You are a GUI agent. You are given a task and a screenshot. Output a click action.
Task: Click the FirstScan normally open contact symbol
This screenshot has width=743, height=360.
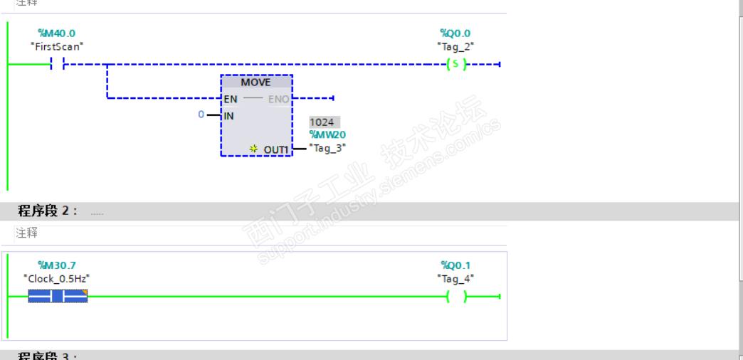57,65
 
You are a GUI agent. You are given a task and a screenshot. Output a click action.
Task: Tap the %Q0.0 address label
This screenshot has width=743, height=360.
455,33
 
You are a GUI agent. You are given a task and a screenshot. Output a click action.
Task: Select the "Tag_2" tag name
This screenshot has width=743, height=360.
455,46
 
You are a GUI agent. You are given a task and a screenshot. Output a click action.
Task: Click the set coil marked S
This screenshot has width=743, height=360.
455,65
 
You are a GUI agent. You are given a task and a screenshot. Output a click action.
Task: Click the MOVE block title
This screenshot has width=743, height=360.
255,82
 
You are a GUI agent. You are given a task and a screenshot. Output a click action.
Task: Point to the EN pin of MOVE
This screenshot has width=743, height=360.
231,99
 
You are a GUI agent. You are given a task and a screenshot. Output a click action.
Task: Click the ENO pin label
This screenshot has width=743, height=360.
278,99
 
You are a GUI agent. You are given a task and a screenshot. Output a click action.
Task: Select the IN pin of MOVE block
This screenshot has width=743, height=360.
229,115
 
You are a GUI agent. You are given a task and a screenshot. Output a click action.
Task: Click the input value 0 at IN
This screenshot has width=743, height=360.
201,115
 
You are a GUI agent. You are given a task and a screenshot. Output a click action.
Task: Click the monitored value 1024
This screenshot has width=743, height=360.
322,122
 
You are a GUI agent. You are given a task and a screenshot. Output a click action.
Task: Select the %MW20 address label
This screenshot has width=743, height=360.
327,134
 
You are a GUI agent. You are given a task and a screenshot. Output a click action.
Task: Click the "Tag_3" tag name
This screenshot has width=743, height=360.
328,147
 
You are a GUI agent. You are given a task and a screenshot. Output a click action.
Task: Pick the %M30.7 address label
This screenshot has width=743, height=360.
56,265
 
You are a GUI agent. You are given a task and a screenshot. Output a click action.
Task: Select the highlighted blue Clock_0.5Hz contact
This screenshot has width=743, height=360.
58,297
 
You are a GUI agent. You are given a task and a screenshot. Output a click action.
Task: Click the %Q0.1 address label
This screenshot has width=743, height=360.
455,265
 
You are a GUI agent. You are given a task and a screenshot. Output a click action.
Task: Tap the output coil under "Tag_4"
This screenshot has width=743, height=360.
455,297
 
